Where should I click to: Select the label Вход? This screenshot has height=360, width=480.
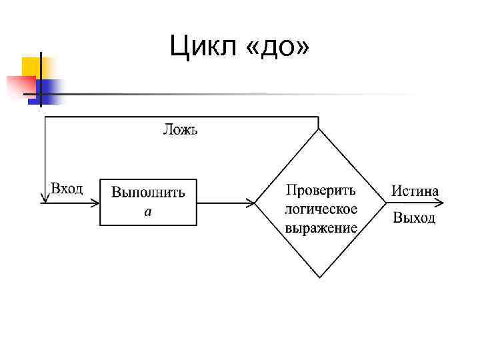pos(67,189)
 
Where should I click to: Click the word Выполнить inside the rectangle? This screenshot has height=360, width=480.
pos(148,193)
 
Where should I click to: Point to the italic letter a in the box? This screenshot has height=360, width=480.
pos(148,212)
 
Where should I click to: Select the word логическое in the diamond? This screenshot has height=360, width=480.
pos(321,209)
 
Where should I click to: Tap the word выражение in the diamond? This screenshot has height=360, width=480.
pos(321,227)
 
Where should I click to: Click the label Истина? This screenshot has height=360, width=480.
pos(415,191)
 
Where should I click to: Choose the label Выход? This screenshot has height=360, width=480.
pos(414,218)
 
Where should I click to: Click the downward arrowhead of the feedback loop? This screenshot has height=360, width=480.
pos(45,196)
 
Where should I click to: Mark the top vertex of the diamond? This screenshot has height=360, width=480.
pos(319,128)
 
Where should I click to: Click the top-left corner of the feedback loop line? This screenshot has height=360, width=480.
pos(45,116)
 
